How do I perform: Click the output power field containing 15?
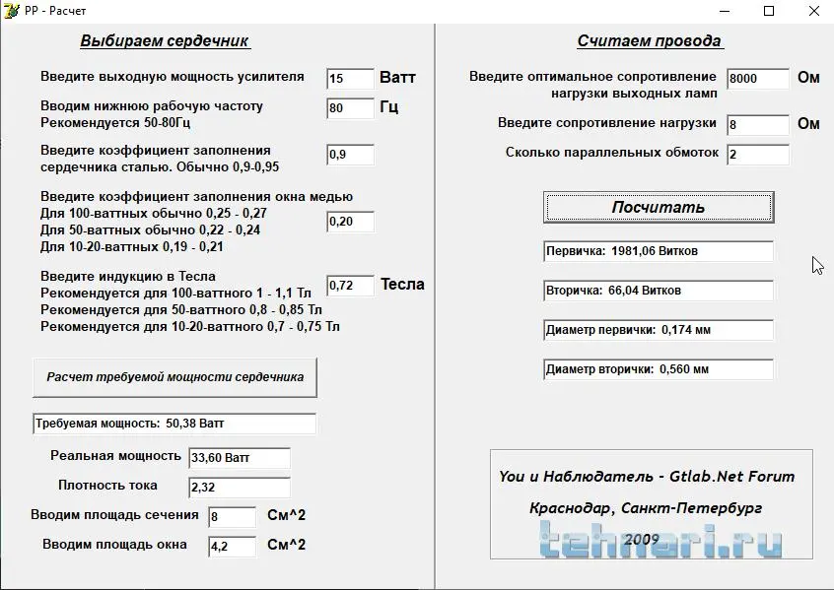pyautogui.click(x=350, y=79)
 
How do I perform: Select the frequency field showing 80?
pyautogui.click(x=350, y=108)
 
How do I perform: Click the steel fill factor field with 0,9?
pyautogui.click(x=350, y=155)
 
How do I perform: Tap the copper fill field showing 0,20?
pyautogui.click(x=350, y=222)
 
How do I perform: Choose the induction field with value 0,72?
pyautogui.click(x=350, y=286)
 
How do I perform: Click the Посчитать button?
pyautogui.click(x=659, y=208)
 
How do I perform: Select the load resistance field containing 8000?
pyautogui.click(x=758, y=79)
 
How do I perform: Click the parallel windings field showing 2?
pyautogui.click(x=758, y=155)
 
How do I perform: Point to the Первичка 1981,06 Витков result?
pyautogui.click(x=659, y=251)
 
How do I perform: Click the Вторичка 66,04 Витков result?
pyautogui.click(x=659, y=291)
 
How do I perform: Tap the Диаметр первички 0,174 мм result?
pyautogui.click(x=659, y=330)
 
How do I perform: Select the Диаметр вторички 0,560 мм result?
pyautogui.click(x=659, y=369)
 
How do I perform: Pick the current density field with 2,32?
pyautogui.click(x=239, y=487)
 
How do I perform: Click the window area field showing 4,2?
pyautogui.click(x=232, y=546)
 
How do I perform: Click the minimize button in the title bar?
pyautogui.click(x=724, y=11)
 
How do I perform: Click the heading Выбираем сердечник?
pyautogui.click(x=165, y=41)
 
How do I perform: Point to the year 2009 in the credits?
pyautogui.click(x=641, y=540)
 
